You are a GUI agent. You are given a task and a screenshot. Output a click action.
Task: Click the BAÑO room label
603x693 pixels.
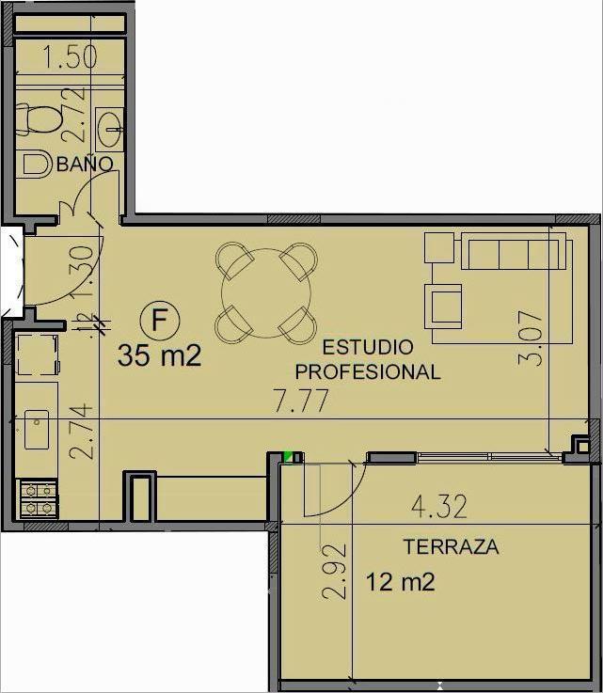point(85,164)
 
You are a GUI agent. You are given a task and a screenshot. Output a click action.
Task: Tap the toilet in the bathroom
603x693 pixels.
point(38,118)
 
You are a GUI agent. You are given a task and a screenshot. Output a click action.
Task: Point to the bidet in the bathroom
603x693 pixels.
point(35,165)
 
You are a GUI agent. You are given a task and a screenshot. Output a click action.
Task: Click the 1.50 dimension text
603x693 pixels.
point(71,56)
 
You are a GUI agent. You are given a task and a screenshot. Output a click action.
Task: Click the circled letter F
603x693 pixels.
point(160,320)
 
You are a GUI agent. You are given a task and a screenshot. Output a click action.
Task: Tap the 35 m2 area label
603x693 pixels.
point(160,355)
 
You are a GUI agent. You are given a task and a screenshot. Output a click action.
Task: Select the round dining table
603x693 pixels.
point(266,292)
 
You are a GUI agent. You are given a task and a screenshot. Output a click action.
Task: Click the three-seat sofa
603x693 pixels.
point(514,251)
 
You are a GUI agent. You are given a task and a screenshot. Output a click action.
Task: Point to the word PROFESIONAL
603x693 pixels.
point(368,372)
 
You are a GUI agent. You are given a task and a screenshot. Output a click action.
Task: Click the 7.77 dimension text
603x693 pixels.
point(301,401)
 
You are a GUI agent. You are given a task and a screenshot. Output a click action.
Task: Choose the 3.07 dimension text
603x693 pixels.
point(531,339)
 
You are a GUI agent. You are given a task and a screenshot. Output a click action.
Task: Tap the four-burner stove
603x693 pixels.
point(38,498)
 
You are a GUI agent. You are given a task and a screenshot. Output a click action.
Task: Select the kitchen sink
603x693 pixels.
point(37,429)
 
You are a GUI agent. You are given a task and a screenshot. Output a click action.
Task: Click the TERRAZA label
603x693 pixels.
point(451,546)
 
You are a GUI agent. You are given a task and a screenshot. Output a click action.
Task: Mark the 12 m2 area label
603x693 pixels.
point(401,581)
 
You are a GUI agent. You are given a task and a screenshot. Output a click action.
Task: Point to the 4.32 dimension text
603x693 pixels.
point(439,507)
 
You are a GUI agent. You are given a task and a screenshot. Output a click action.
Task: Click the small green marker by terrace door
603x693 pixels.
point(288,457)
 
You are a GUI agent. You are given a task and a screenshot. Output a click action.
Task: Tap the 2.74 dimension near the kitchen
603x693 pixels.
point(82,431)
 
